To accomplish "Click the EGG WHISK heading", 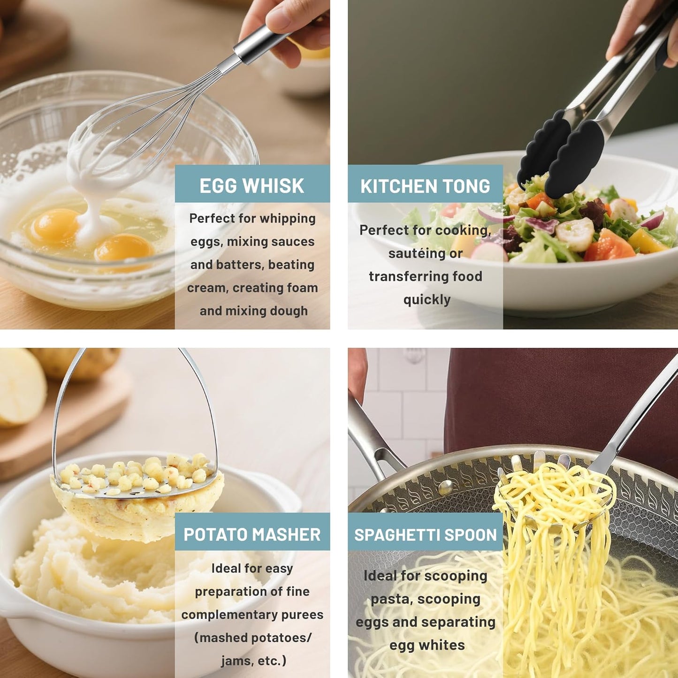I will pyautogui.click(x=252, y=186).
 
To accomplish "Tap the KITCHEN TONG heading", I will pyautogui.click(x=425, y=186).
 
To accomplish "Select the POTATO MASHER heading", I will pyautogui.click(x=252, y=534).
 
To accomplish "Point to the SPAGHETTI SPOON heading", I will pyautogui.click(x=425, y=535).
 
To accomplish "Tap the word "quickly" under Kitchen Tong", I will pyautogui.click(x=427, y=299).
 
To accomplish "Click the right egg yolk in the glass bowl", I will pyautogui.click(x=124, y=249).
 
